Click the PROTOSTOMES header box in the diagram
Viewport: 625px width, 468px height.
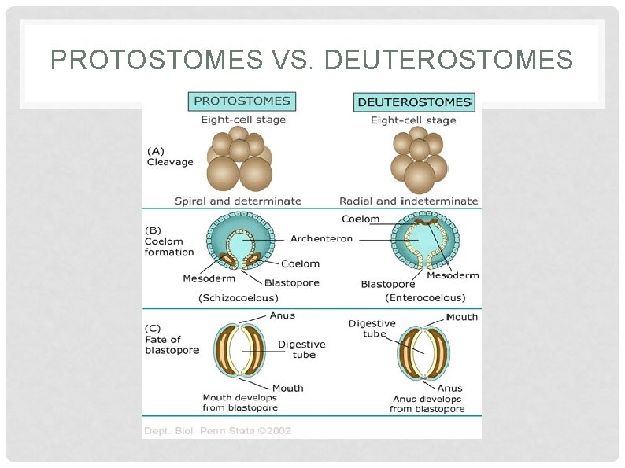pos(242,101)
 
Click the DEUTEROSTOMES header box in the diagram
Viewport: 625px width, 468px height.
pos(414,102)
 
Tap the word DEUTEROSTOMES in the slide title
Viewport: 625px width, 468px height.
pos(450,59)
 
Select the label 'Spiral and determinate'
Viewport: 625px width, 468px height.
pos(238,201)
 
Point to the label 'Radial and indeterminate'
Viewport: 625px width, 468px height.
pos(409,201)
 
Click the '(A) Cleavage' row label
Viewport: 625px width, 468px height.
pos(169,157)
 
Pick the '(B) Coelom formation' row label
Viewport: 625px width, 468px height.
pos(168,241)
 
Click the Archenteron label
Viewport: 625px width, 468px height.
pos(321,238)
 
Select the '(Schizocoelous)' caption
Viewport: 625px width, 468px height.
pos(238,298)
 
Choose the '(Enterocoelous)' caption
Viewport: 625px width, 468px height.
pos(425,298)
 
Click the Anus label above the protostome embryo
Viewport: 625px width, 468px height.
pos(282,315)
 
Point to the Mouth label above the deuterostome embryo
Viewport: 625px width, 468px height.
pos(461,317)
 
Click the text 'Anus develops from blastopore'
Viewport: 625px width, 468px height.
pos(427,404)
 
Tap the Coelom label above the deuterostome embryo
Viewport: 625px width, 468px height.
pos(361,219)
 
